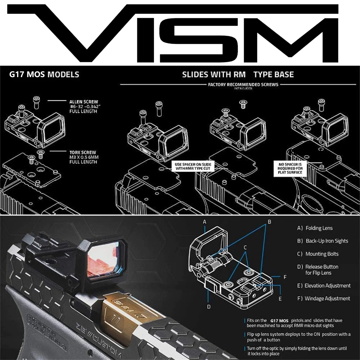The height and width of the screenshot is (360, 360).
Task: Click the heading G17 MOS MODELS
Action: click(44, 74)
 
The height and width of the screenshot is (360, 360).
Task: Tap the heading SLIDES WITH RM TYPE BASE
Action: click(238, 74)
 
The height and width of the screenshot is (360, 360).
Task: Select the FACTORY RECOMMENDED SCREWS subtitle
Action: click(243, 85)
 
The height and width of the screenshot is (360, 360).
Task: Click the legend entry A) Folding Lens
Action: click(315, 228)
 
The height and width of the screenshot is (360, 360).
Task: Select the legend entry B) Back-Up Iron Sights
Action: click(322, 241)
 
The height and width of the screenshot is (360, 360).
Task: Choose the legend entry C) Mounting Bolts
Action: click(318, 254)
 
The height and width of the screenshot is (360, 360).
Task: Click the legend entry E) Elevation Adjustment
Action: click(324, 286)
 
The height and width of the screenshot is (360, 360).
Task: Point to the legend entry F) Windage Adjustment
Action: click(323, 298)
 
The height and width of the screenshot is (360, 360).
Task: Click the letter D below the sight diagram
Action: click(209, 307)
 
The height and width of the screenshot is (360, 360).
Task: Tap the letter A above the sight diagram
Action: click(205, 222)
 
